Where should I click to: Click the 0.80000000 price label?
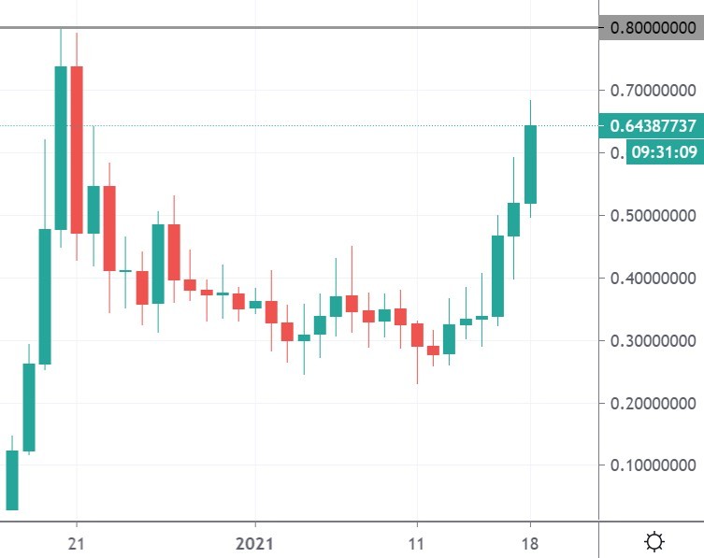(653, 28)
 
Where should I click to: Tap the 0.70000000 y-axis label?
(653, 91)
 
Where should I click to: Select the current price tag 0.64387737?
(653, 126)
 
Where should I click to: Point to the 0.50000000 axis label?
(653, 216)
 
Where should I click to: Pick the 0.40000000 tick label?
(653, 279)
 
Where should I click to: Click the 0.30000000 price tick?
(653, 341)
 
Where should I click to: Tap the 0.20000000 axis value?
(653, 404)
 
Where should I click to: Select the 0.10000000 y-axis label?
(653, 465)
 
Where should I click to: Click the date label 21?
(77, 540)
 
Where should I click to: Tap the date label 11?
(417, 540)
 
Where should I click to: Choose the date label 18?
(530, 540)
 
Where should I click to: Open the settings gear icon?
(655, 540)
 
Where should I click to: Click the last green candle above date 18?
(530, 164)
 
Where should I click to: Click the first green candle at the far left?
(12, 479)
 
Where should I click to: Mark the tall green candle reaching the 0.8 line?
(61, 148)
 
